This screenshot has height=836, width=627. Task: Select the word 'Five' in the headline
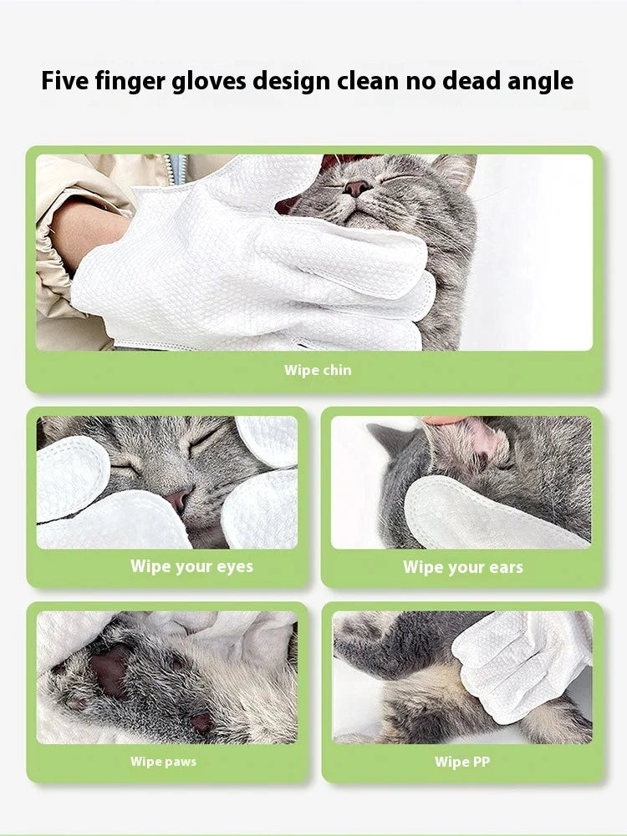pos(65,81)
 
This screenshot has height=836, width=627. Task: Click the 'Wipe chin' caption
pos(318,370)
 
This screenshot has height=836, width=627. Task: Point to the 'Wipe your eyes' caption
pos(191,566)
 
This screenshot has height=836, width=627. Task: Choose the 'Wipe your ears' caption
pos(463,567)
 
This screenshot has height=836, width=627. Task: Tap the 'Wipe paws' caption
pos(164,762)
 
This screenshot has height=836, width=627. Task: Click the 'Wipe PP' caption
pos(462,762)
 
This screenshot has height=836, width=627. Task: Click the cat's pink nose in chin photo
pos(357,188)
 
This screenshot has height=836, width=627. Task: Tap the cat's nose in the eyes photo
pos(177,500)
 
